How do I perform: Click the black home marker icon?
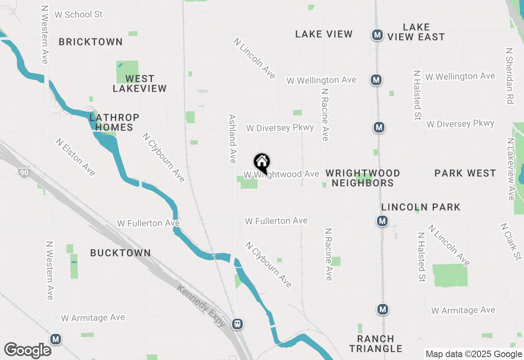262,163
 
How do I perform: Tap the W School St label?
78,14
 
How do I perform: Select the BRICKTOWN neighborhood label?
90,42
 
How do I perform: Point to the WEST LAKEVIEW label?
140,83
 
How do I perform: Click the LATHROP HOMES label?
114,122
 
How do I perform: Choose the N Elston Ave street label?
76,157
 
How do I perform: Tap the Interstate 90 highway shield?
24,173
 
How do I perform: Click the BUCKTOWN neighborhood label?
120,253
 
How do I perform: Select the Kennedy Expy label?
201,306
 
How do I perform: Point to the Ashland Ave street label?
233,139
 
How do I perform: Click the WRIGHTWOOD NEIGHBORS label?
363,178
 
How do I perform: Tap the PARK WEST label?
465,173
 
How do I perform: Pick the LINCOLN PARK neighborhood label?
421,207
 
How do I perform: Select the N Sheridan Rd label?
509,76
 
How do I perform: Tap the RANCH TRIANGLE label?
376,344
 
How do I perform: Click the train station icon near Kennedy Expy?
237,324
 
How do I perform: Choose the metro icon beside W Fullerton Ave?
382,221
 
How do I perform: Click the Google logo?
28,351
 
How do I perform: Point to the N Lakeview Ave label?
510,169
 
